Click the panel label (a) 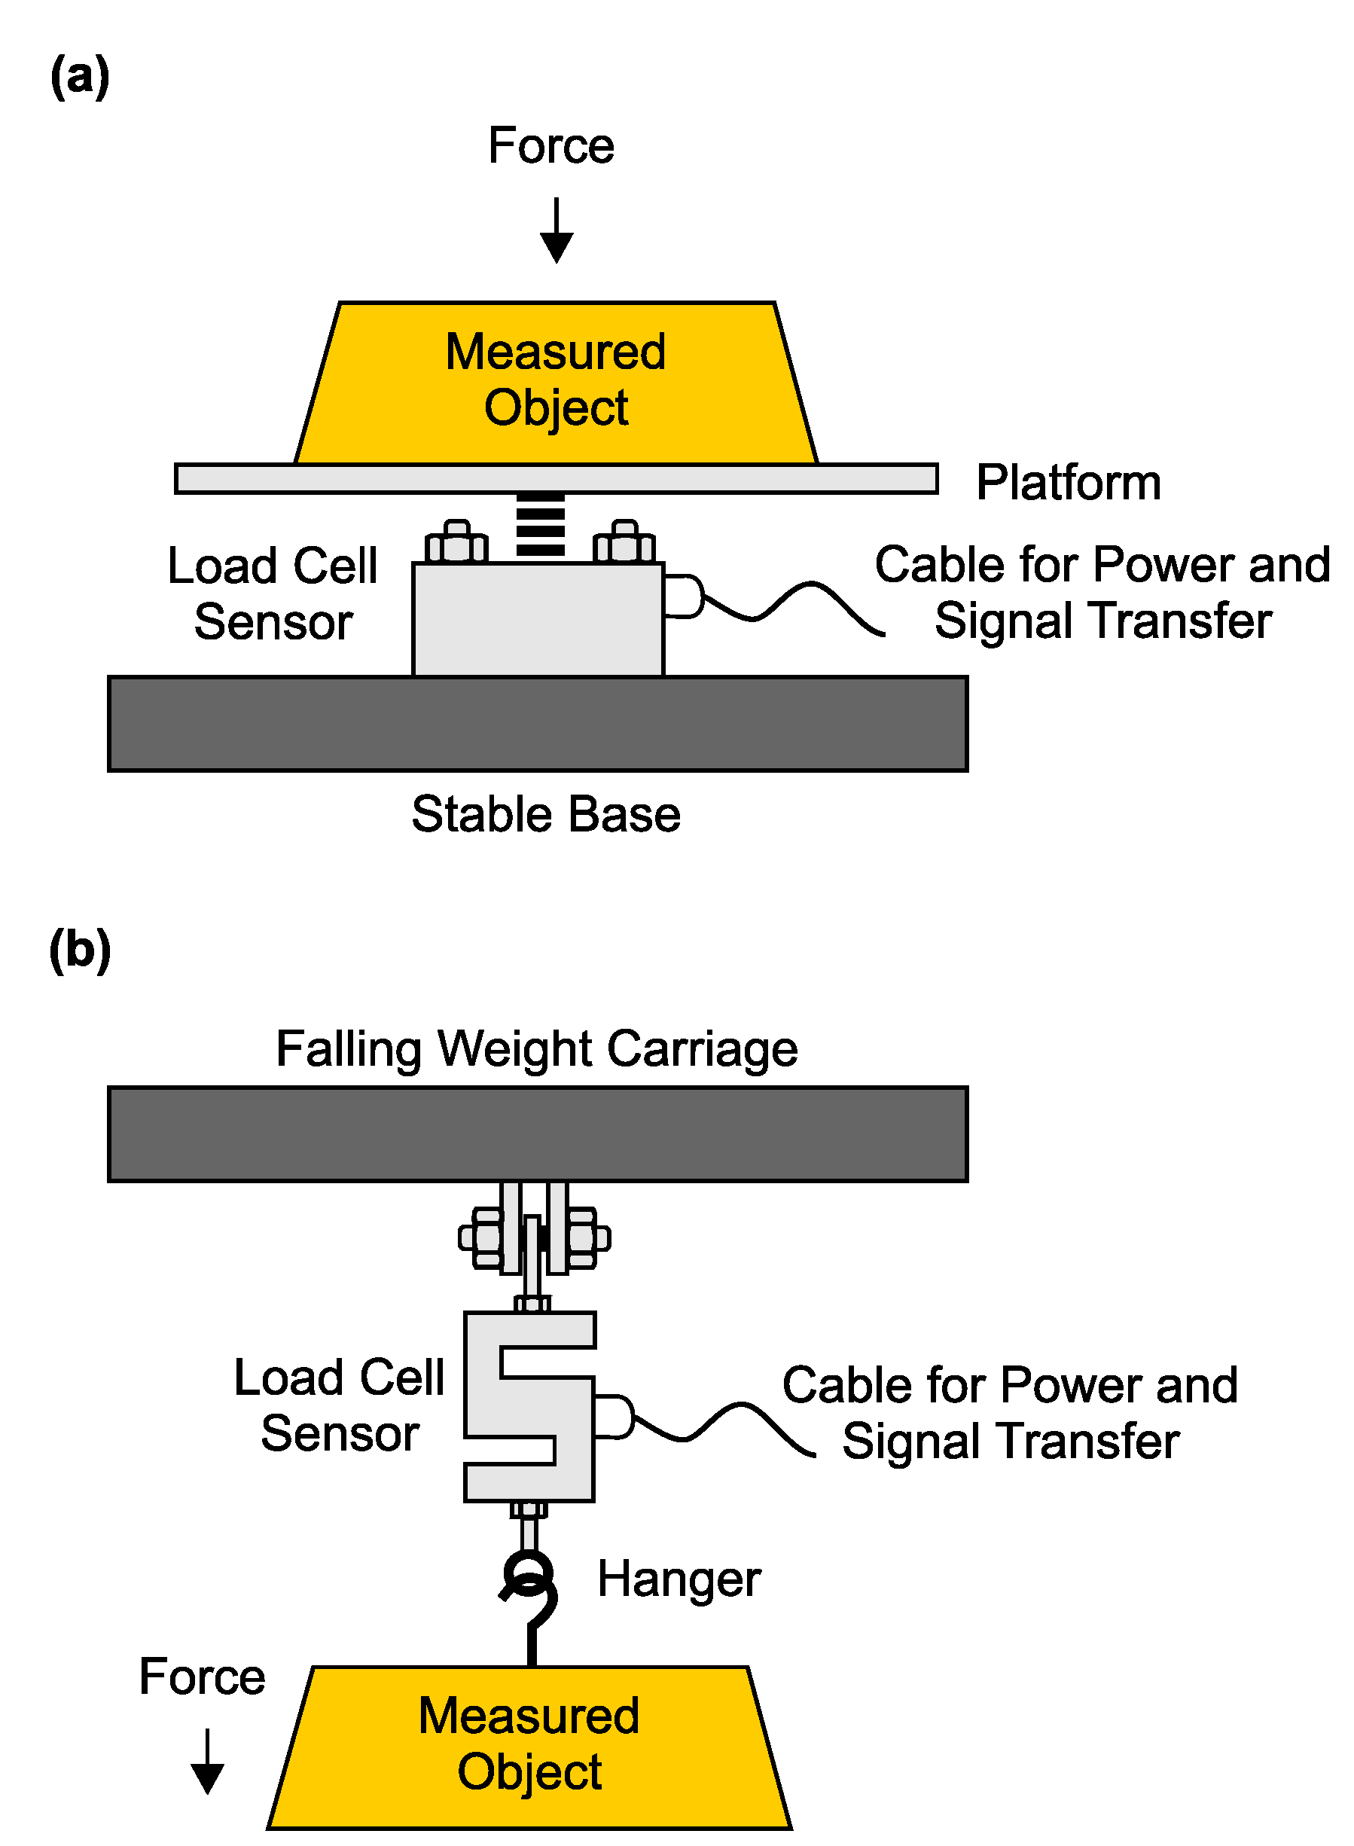click(x=80, y=76)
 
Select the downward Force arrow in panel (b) click(x=207, y=1762)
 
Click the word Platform click(x=1068, y=482)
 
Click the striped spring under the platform click(x=540, y=526)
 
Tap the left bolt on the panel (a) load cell click(x=456, y=542)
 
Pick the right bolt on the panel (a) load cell click(x=624, y=542)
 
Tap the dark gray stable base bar click(x=538, y=724)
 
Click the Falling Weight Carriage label click(x=537, y=1048)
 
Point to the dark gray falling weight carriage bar click(x=538, y=1134)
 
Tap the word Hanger click(x=679, y=1579)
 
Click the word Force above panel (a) click(x=550, y=146)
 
